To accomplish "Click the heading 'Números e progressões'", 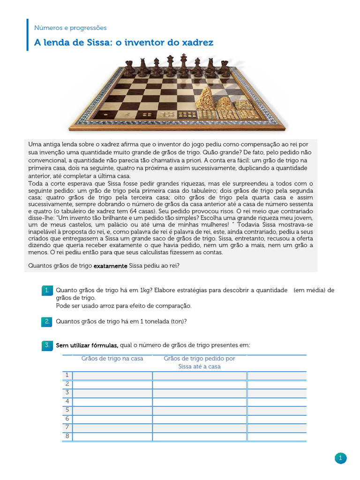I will coord(70,28).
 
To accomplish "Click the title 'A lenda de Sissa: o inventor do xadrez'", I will coord(124,43).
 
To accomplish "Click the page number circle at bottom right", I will coord(340,458).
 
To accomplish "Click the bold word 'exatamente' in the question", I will coord(110,266).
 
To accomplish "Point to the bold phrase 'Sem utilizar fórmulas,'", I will coord(87,345).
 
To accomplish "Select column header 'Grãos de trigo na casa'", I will coord(112,359).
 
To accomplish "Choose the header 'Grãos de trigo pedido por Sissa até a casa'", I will coord(199,362).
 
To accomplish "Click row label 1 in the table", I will coord(67,375).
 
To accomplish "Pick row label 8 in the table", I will coord(67,436).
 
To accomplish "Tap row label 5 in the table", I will coord(67,410).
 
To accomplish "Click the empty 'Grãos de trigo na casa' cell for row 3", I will coord(112,393).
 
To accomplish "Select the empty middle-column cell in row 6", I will coord(199,419).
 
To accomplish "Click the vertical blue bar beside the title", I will coord(28,35).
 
